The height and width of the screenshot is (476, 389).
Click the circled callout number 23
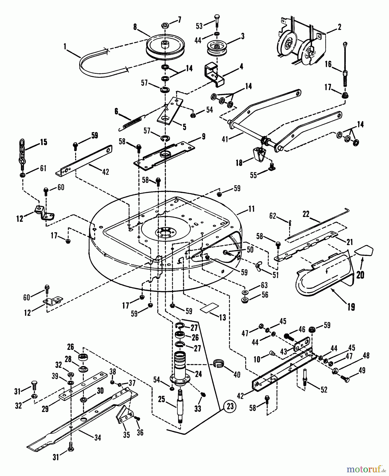point(230,406)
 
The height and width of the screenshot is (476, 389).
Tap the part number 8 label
point(135,27)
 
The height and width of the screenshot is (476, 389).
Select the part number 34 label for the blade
point(97,438)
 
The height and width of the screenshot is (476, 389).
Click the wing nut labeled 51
point(259,267)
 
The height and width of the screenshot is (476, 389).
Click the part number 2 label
point(339,27)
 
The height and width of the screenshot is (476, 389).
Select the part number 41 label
point(225,139)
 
